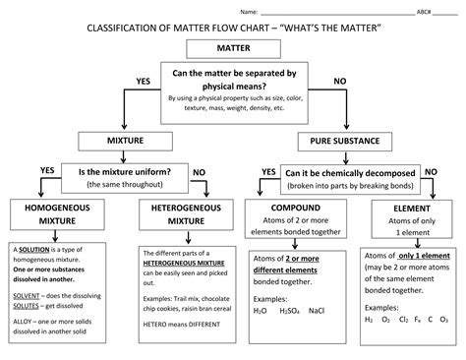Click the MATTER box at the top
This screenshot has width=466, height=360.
[x=233, y=48]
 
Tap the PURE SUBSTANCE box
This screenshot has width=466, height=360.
[x=346, y=141]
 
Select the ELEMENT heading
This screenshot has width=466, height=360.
[x=406, y=209]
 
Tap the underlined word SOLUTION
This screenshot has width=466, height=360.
[x=36, y=251]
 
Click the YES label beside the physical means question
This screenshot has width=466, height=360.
[x=142, y=80]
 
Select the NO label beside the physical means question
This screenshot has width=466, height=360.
[x=340, y=80]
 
